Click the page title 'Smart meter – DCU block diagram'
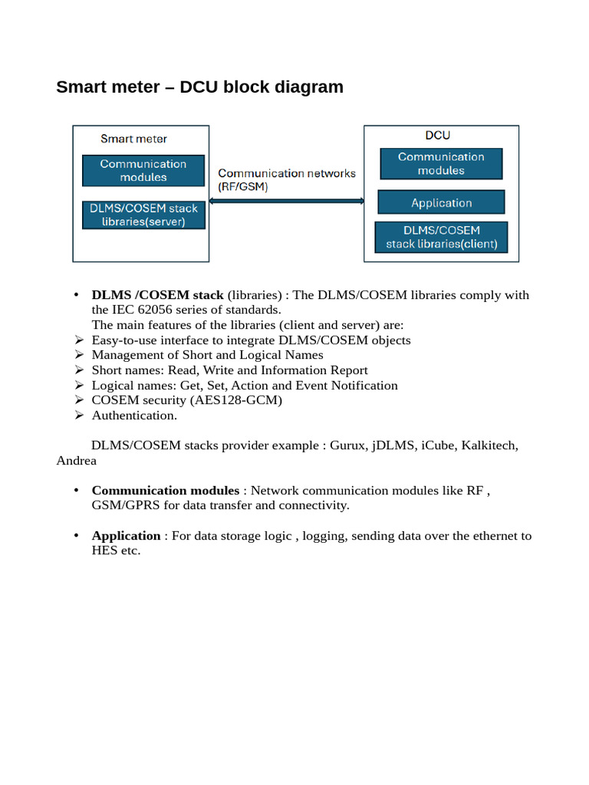click(x=199, y=87)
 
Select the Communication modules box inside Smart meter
click(x=143, y=170)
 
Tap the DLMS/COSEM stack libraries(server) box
click(x=143, y=215)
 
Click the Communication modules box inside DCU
click(x=441, y=163)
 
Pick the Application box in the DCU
click(x=441, y=202)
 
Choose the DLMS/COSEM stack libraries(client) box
click(x=441, y=237)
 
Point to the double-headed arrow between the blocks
click(x=286, y=201)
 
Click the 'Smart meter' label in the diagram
click(x=133, y=139)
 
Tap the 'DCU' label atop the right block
click(x=438, y=135)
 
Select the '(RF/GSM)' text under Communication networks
click(x=243, y=187)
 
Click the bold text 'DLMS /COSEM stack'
click(x=157, y=295)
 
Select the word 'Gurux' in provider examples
click(x=347, y=445)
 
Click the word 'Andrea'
click(x=77, y=460)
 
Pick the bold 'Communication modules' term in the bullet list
click(x=165, y=491)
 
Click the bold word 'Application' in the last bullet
click(x=126, y=536)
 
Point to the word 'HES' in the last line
click(x=105, y=550)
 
